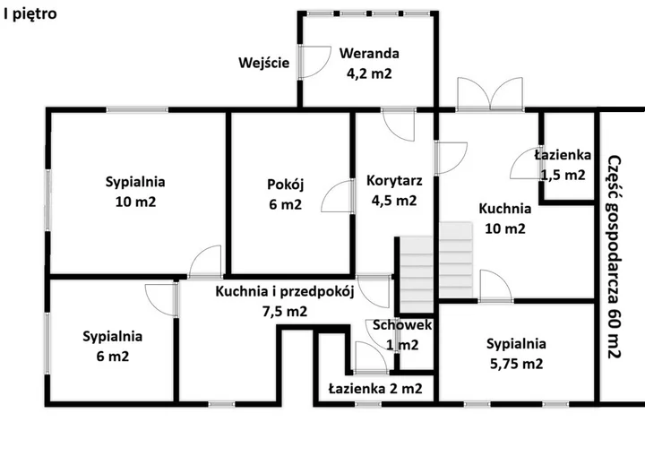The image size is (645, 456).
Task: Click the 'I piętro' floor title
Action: pos(30,14)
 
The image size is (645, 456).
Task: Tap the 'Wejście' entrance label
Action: pos(263,63)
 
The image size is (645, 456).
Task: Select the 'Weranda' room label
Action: pos(369,53)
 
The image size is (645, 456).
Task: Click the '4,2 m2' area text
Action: pos(369,73)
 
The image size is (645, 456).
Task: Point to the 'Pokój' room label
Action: pos(285,185)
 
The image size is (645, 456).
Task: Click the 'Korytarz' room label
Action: pos(394,180)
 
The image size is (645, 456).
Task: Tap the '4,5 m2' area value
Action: pos(394,201)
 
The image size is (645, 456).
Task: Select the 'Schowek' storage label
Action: pos(402,324)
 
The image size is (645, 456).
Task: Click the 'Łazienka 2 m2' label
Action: pos(375,388)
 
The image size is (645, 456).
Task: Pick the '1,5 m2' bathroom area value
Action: pos(563,175)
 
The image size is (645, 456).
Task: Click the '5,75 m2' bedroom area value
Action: pos(516,364)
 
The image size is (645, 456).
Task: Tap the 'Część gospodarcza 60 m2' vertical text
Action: pos(615,257)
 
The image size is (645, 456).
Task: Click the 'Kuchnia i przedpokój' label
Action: pos(285,291)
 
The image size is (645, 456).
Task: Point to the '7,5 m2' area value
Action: pos(285,312)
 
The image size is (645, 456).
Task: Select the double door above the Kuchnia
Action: pos(490,94)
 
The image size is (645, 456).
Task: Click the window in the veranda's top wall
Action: pos(369,13)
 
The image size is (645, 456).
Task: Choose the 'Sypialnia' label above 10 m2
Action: pos(135,182)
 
